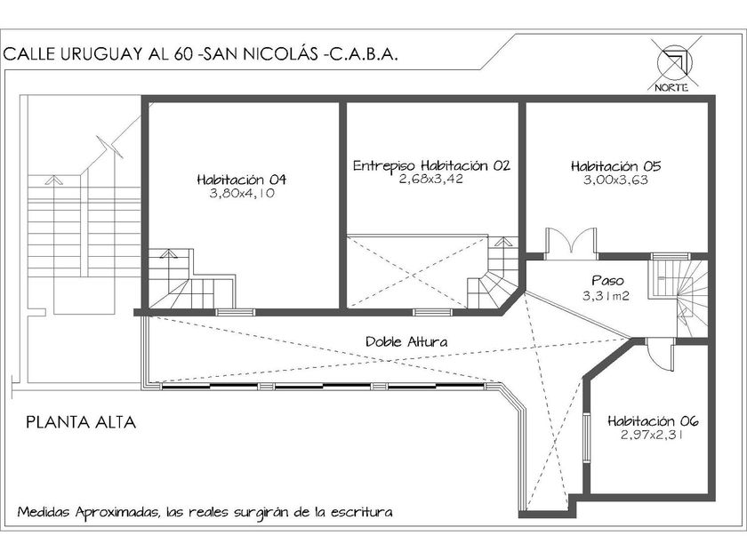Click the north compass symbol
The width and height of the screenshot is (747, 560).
tap(672, 62)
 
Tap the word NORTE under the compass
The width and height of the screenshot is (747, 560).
tap(672, 86)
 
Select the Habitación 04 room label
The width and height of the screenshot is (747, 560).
tap(241, 180)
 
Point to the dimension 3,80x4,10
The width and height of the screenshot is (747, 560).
tap(241, 193)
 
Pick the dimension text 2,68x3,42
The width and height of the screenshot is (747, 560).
tap(431, 179)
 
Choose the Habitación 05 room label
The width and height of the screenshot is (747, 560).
tap(615, 165)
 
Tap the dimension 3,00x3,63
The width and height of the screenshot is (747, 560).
tap(615, 180)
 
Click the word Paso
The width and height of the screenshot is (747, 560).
tap(607, 279)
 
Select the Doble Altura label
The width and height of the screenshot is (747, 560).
tap(406, 341)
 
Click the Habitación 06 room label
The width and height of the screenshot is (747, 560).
tap(653, 421)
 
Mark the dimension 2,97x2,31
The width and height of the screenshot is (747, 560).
tap(653, 436)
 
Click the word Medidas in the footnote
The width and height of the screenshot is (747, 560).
tap(44, 513)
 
